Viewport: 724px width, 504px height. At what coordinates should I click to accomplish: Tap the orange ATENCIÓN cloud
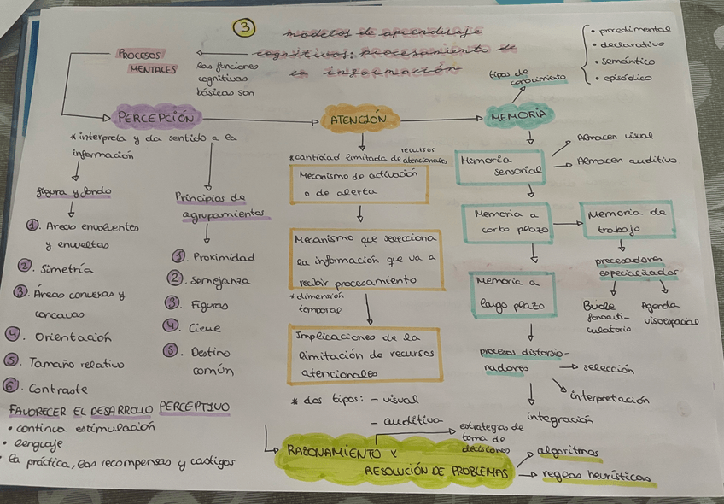click(358, 119)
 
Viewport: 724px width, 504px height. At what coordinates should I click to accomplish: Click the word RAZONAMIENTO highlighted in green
click(322, 453)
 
